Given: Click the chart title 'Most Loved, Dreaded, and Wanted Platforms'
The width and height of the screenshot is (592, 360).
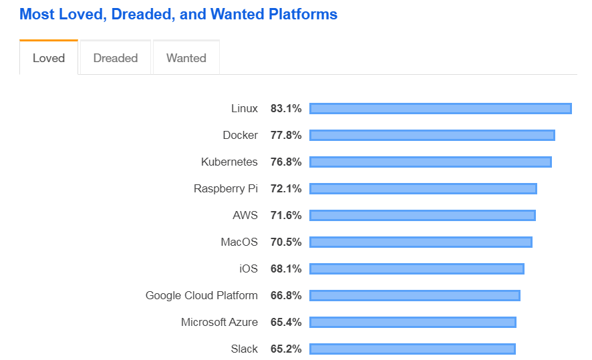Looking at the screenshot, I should pyautogui.click(x=178, y=14).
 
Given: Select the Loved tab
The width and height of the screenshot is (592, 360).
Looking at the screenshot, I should pyautogui.click(x=49, y=58).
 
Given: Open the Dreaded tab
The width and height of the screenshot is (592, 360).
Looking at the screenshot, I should pyautogui.click(x=116, y=58).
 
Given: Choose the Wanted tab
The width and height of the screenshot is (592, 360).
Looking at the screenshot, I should pyautogui.click(x=186, y=58).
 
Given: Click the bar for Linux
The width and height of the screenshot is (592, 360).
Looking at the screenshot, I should pyautogui.click(x=440, y=108).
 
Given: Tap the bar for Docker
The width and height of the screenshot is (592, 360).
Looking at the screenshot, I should pyautogui.click(x=432, y=135).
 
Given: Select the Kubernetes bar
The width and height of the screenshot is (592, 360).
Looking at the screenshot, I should pyautogui.click(x=430, y=162).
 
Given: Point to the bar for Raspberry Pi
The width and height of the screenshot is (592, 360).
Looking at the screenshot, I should pyautogui.click(x=423, y=188).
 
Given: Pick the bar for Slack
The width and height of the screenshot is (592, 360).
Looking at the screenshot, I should pyautogui.click(x=412, y=349).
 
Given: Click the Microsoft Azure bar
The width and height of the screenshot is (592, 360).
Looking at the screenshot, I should pyautogui.click(x=412, y=322).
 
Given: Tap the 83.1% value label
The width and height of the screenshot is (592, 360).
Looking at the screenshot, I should pyautogui.click(x=286, y=108).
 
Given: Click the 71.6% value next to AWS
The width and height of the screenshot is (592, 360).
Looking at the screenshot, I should pyautogui.click(x=286, y=215).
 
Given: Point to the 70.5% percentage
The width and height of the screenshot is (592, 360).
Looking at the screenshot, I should pyautogui.click(x=286, y=242).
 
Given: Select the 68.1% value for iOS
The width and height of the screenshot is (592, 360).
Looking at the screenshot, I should pyautogui.click(x=286, y=268).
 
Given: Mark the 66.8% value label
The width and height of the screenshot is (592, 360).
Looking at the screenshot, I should pyautogui.click(x=286, y=295).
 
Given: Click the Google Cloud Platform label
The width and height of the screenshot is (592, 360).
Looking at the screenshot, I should pyautogui.click(x=201, y=295).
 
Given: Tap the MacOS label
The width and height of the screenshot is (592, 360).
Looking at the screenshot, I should pyautogui.click(x=239, y=242).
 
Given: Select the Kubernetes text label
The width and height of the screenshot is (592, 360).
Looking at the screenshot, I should pyautogui.click(x=229, y=162).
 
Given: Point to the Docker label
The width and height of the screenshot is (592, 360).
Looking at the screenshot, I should pyautogui.click(x=240, y=135).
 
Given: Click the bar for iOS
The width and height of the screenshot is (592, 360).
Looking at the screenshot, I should pyautogui.click(x=416, y=268).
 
